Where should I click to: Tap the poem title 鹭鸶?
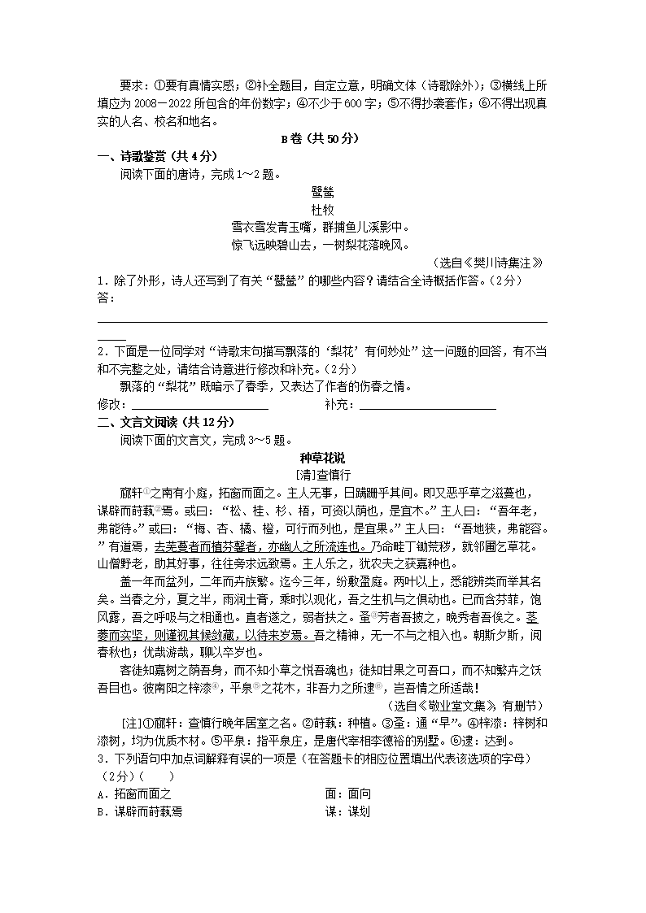click(322, 192)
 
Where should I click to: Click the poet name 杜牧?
click(322, 209)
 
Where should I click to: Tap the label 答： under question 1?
click(106, 298)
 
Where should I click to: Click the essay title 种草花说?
click(322, 457)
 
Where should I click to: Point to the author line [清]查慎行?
click(322, 474)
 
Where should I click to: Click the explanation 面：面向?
click(347, 793)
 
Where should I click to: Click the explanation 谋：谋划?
click(347, 811)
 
